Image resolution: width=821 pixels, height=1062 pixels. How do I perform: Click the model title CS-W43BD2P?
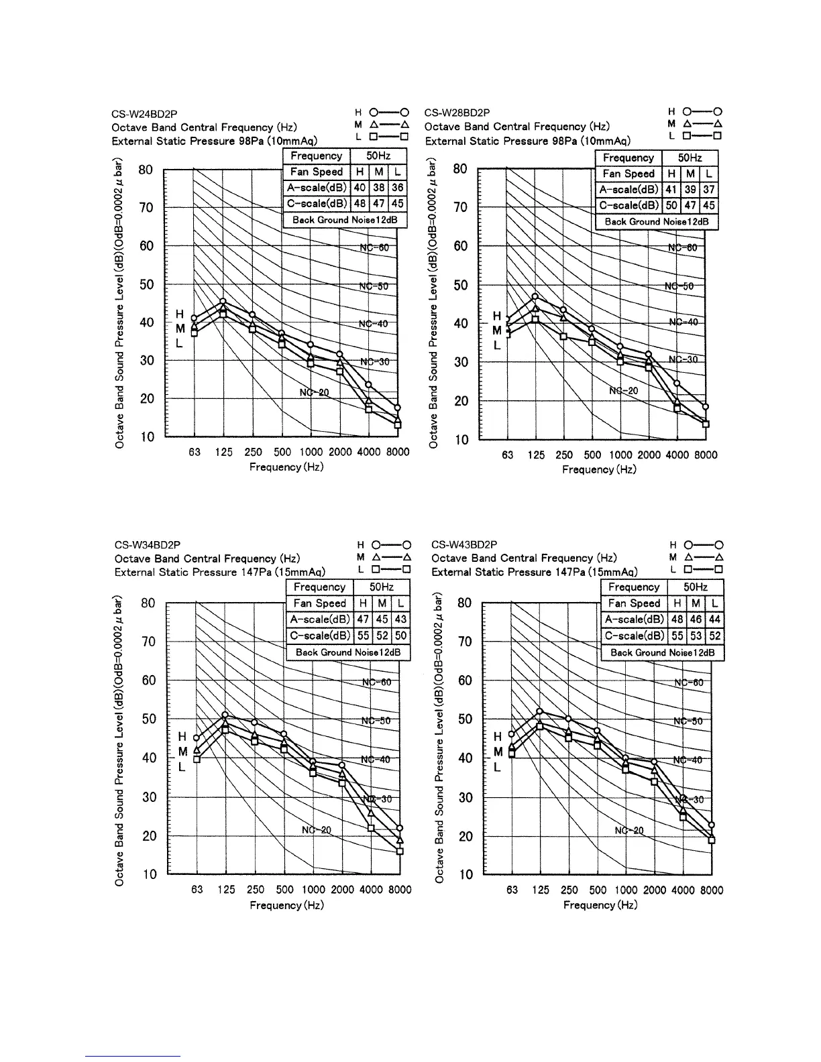[x=464, y=545]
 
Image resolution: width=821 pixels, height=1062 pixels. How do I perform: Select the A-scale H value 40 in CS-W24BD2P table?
[x=360, y=188]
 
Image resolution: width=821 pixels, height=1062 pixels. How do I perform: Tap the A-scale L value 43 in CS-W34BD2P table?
[x=400, y=619]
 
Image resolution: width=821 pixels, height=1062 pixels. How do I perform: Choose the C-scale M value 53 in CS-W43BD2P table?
[x=696, y=636]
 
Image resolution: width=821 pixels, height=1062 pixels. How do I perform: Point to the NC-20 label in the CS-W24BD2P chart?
[x=314, y=392]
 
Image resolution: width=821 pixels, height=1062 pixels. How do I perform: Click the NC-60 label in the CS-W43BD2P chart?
[x=689, y=683]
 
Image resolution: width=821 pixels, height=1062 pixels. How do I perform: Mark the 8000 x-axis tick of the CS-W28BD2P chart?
[x=705, y=455]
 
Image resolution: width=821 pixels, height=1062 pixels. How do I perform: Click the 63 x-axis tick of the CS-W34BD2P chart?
[x=197, y=890]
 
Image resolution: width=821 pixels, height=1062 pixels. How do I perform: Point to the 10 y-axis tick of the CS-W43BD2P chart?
[x=465, y=875]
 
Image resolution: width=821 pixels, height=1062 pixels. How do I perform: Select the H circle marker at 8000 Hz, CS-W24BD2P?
[x=398, y=408]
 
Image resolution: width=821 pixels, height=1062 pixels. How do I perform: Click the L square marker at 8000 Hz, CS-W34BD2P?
[x=400, y=851]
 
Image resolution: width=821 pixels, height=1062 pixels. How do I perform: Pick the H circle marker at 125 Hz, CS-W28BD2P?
[x=535, y=296]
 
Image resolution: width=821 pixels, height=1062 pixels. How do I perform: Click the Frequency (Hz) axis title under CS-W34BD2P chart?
[x=286, y=906]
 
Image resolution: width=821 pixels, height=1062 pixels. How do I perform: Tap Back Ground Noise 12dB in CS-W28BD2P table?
[x=657, y=222]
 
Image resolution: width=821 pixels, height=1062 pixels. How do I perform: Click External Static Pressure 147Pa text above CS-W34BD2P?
[x=220, y=573]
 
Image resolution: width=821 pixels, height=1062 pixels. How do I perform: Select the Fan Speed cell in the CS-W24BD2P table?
[x=317, y=172]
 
